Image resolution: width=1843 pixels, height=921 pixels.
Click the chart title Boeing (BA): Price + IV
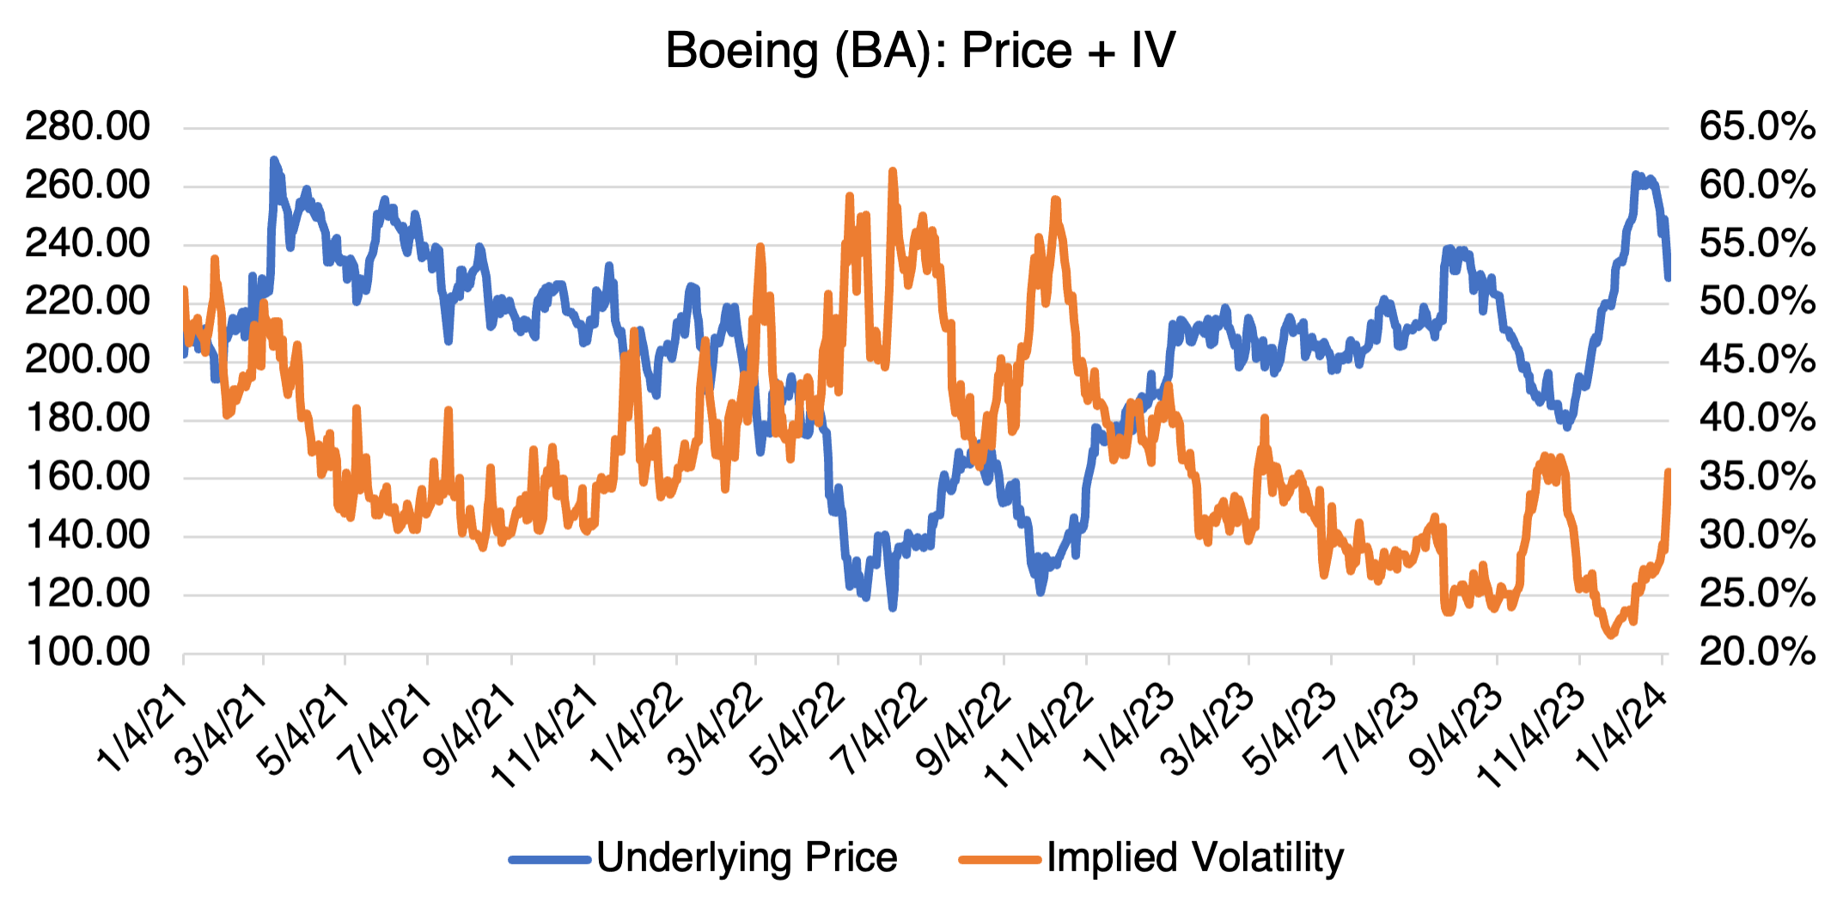click(919, 50)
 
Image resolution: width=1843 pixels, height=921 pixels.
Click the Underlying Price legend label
click(747, 857)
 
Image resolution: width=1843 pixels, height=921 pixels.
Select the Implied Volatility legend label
click(1195, 857)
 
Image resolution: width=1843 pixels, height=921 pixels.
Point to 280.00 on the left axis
click(88, 126)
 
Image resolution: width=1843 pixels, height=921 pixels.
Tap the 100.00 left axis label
click(88, 652)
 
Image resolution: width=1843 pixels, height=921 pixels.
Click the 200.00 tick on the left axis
click(88, 359)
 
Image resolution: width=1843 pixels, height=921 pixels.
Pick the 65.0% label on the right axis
click(1757, 126)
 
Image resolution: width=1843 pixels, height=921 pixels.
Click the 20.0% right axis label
click(1757, 652)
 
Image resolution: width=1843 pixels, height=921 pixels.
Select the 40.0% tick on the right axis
click(1757, 418)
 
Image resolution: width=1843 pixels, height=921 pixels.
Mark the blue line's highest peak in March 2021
click(274, 161)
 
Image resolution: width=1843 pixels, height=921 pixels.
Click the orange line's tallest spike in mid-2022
click(893, 172)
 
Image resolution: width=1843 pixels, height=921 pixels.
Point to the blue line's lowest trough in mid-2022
click(893, 607)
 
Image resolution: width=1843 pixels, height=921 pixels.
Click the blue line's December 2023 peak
click(1636, 175)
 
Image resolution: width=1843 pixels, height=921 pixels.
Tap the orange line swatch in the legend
click(999, 858)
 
